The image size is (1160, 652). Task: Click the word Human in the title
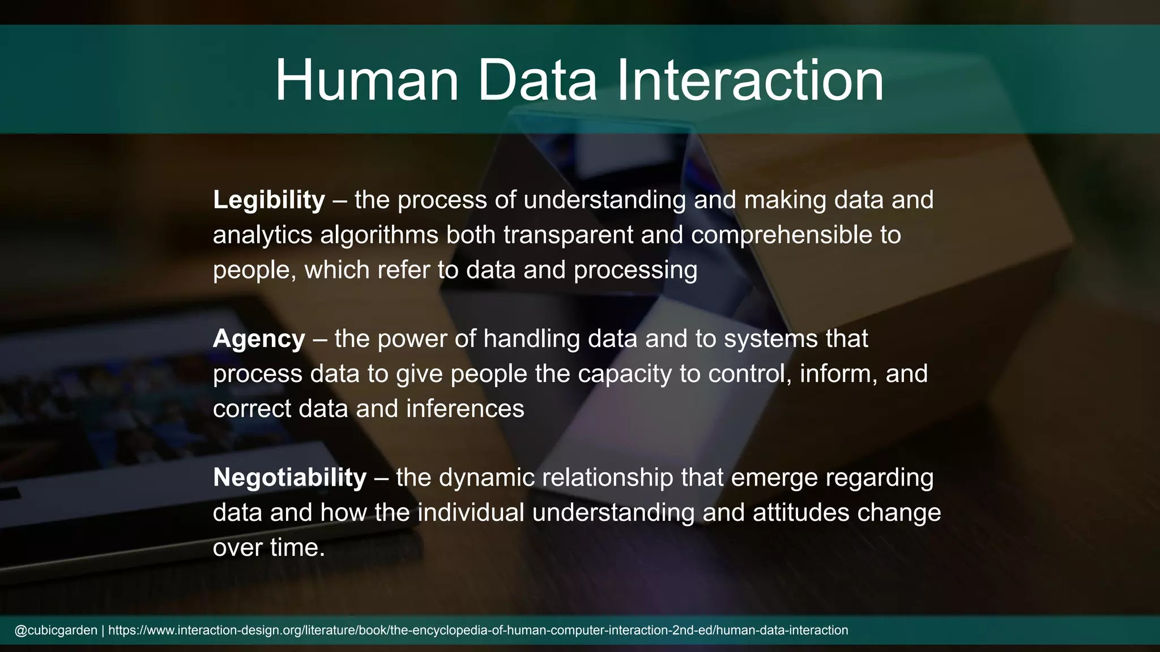366,80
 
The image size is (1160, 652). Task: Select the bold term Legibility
268,200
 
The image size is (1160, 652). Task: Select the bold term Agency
259,338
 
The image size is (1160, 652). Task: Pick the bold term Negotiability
289,477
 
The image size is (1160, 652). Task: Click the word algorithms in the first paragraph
379,235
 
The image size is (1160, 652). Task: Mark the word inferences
465,409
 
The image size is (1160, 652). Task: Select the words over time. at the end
268,547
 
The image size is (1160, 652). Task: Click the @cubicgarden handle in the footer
56,630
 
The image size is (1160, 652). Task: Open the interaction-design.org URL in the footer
478,630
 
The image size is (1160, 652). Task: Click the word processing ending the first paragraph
635,270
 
